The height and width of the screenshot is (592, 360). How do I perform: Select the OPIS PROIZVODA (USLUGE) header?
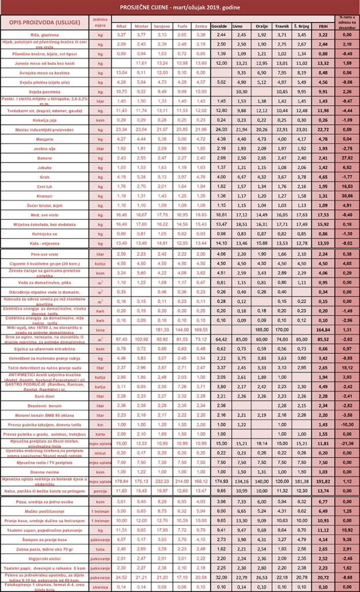point(44,22)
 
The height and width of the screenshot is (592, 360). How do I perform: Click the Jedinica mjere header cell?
point(101,22)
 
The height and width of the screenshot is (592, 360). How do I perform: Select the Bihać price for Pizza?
point(122,501)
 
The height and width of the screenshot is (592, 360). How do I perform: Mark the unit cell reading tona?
point(101,329)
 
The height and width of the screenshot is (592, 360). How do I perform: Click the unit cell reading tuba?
point(101,549)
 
